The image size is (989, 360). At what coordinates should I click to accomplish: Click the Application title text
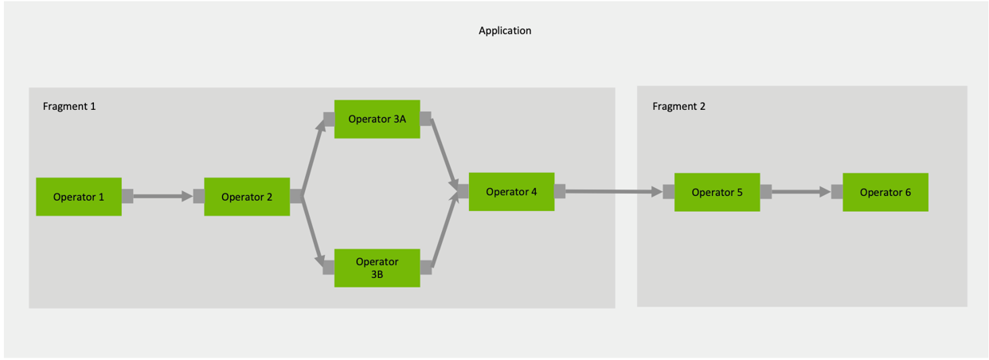(505, 30)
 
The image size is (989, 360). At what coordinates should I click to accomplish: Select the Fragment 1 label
(68, 107)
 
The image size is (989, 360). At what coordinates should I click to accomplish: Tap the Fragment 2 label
(678, 107)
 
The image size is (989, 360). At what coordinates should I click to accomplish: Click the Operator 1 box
(79, 197)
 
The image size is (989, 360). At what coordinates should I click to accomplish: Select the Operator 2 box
(247, 197)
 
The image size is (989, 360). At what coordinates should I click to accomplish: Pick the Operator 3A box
(377, 119)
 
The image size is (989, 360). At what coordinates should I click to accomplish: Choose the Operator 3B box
(377, 268)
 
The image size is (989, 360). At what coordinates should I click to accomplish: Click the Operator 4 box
(511, 192)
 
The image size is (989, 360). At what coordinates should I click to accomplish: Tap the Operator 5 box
(717, 192)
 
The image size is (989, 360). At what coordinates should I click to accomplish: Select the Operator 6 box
(885, 192)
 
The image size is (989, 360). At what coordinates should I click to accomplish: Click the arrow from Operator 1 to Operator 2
(163, 196)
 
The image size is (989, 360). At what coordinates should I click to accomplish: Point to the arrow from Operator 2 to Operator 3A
(313, 157)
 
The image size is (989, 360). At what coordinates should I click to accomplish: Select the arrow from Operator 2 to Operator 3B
(313, 231)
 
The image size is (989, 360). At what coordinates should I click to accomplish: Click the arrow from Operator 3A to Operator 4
(444, 155)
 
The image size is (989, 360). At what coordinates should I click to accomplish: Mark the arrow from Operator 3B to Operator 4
(444, 230)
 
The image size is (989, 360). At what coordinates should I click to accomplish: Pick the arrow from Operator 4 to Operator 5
(614, 192)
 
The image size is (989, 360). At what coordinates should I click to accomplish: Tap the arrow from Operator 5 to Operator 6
(801, 192)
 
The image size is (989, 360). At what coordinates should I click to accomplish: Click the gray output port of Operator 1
(127, 196)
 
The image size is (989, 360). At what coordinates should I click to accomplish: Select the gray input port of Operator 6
(837, 192)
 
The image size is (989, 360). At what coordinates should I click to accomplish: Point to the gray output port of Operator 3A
(426, 119)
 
